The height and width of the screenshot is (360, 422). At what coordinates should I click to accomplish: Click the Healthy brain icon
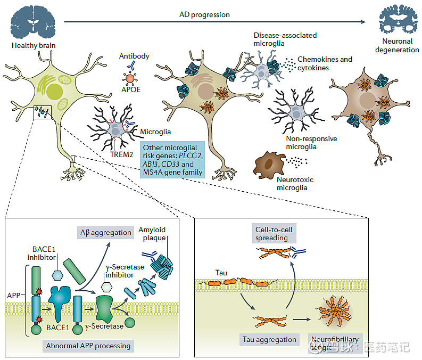(x=34, y=21)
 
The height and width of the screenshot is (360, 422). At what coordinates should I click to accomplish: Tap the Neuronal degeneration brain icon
(x=397, y=21)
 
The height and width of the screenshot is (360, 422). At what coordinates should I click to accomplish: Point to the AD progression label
(x=204, y=14)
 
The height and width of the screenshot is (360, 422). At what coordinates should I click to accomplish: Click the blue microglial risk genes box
(x=172, y=159)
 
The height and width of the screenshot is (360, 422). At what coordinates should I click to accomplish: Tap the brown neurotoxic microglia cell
(x=270, y=165)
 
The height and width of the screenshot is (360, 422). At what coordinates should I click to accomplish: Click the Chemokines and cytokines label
(x=325, y=63)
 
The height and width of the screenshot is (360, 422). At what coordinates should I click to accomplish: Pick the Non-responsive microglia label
(x=311, y=143)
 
